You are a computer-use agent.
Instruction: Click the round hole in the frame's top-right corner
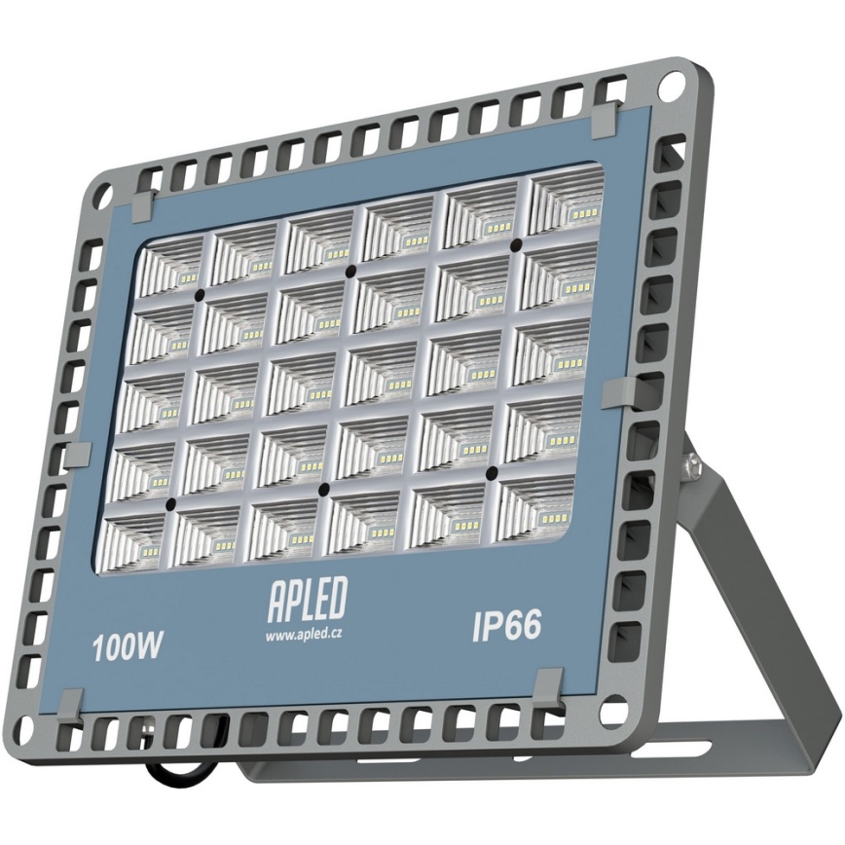click(x=671, y=85)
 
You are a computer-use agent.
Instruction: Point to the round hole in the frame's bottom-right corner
click(x=613, y=713)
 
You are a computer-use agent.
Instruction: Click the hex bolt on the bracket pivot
click(x=688, y=457)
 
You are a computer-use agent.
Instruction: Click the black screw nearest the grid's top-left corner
click(x=199, y=292)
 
